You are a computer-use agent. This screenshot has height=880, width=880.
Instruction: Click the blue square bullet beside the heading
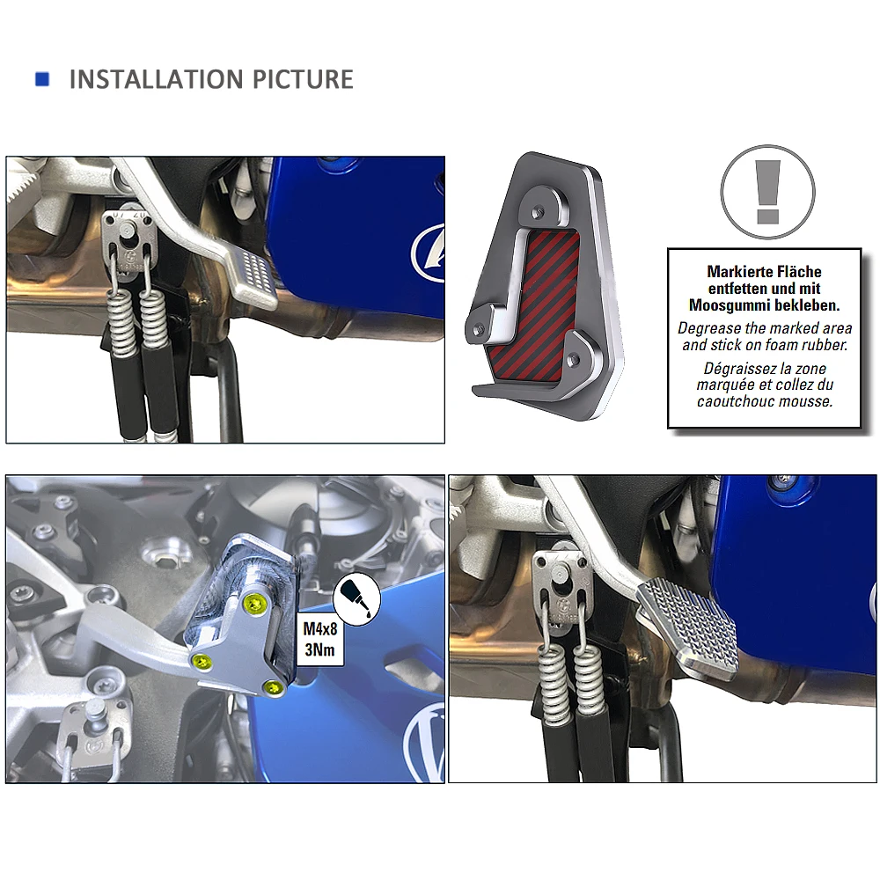tap(42, 79)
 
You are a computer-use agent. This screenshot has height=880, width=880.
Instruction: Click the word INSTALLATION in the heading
tap(156, 79)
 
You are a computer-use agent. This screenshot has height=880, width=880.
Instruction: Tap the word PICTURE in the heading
tap(303, 79)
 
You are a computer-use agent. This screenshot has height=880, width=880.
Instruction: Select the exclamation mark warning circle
tap(767, 192)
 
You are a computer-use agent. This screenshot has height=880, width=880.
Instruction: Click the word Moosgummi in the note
tap(730, 305)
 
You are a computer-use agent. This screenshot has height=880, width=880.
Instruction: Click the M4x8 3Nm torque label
tap(320, 639)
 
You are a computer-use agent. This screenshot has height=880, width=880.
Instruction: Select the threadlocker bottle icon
tap(357, 599)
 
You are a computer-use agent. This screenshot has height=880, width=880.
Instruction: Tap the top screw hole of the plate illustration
tap(538, 211)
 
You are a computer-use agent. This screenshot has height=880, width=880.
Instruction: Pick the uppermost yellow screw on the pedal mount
tap(254, 603)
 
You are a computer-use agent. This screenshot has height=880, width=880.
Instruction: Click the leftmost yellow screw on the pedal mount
tap(202, 661)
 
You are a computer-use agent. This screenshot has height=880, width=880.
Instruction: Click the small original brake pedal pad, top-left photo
tap(251, 279)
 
